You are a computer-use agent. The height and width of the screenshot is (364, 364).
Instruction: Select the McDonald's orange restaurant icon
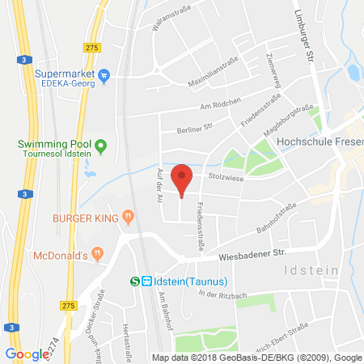coord(96,255)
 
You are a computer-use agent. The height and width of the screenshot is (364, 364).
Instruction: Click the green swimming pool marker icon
coord(101,147)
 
